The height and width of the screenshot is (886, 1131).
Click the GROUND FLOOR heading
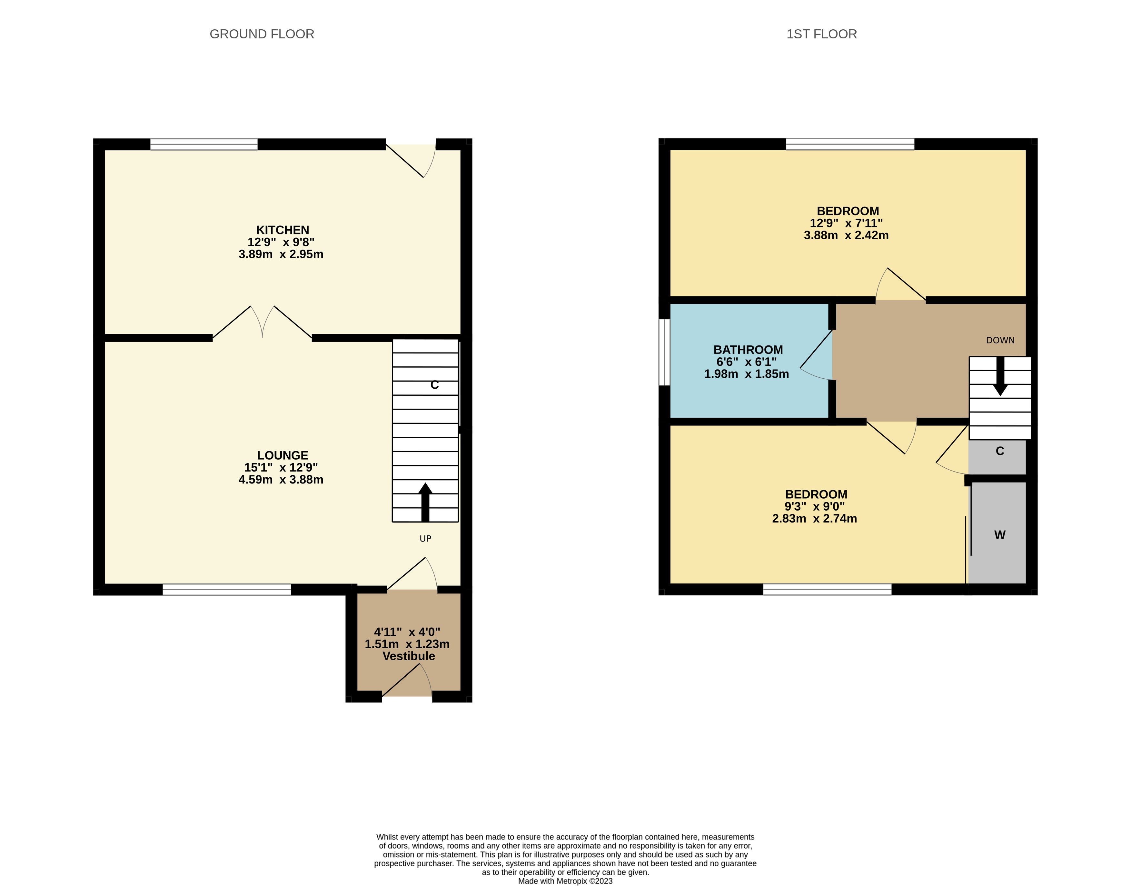coord(262,34)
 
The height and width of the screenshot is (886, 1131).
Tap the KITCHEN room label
coord(283,230)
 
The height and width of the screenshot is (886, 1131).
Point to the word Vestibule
coord(409,656)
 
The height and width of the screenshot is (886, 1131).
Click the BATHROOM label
coord(748,350)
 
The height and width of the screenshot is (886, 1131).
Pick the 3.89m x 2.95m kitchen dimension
coord(281,254)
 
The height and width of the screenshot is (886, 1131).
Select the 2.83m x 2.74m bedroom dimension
coord(815,519)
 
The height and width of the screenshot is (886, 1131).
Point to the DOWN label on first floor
coord(1000,340)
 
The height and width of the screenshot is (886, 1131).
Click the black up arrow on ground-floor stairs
coord(425,502)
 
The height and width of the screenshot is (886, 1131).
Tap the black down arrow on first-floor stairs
coord(1000,376)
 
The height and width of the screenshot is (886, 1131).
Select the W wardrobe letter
coord(1000,535)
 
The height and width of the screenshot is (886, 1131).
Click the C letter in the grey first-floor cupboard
coord(1000,451)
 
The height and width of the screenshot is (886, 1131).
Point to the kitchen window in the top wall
coord(204,144)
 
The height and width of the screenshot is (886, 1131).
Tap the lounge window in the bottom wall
coord(227,589)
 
